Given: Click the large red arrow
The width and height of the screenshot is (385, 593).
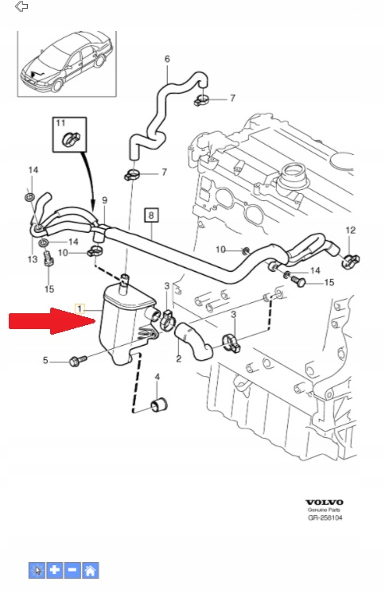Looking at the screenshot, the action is tap(52, 321).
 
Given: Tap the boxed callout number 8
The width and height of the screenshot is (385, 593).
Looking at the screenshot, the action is tap(151, 215).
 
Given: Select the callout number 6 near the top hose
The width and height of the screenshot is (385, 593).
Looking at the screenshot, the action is tap(167, 59).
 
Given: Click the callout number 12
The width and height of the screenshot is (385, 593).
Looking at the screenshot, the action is tap(351, 230).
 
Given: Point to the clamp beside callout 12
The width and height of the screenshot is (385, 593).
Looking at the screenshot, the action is tap(351, 261).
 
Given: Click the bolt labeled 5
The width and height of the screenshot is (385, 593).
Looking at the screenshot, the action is tap(78, 360).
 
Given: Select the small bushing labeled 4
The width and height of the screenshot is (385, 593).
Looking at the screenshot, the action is tap(159, 405).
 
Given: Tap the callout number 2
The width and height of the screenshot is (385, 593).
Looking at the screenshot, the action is tap(179, 359).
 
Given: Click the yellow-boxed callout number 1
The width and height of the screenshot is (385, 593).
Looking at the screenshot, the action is tap(80, 308).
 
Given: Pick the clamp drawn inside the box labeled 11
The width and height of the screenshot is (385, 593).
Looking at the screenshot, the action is tap(71, 139).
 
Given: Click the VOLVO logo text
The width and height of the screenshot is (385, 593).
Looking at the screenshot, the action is tap(325, 502).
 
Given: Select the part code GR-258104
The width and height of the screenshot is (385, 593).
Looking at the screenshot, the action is tap(325, 517).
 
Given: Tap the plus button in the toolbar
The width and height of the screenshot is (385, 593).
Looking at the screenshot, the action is tap(55, 570).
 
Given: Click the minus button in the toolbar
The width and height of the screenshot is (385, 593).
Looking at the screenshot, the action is tap(72, 570).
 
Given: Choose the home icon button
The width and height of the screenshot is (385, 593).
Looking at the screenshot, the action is tap(91, 570).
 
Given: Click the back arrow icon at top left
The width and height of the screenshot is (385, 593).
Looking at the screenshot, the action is tap(21, 6).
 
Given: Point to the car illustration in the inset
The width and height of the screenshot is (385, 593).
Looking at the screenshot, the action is tap(67, 62).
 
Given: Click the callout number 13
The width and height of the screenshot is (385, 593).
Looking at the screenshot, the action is tap(33, 259).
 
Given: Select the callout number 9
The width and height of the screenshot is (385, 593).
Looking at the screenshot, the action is tap(104, 200).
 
